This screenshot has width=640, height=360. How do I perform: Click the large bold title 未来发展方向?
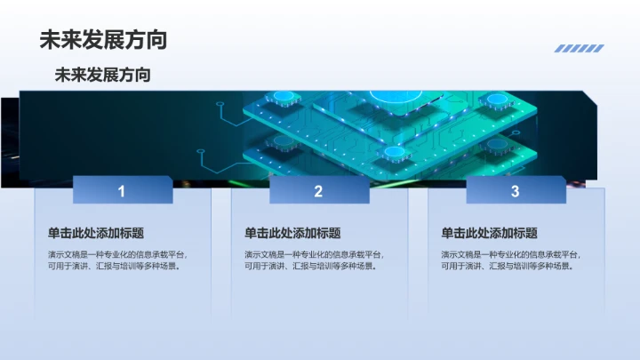103,40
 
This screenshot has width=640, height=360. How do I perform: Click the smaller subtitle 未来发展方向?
102,76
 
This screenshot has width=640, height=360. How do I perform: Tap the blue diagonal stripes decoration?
579,49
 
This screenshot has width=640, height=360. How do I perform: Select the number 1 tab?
122,190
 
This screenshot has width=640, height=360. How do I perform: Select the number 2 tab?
318,190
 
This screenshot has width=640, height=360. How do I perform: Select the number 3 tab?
515,190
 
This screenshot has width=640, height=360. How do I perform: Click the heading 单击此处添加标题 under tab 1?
96,234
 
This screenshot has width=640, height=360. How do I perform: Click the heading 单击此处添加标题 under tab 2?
292,234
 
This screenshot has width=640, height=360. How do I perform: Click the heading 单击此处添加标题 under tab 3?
489,234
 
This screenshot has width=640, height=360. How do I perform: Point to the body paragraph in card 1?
117,260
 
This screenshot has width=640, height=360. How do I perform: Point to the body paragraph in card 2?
314,260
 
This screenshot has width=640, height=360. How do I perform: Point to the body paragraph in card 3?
510,260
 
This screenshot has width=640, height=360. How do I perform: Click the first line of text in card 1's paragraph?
117,255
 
